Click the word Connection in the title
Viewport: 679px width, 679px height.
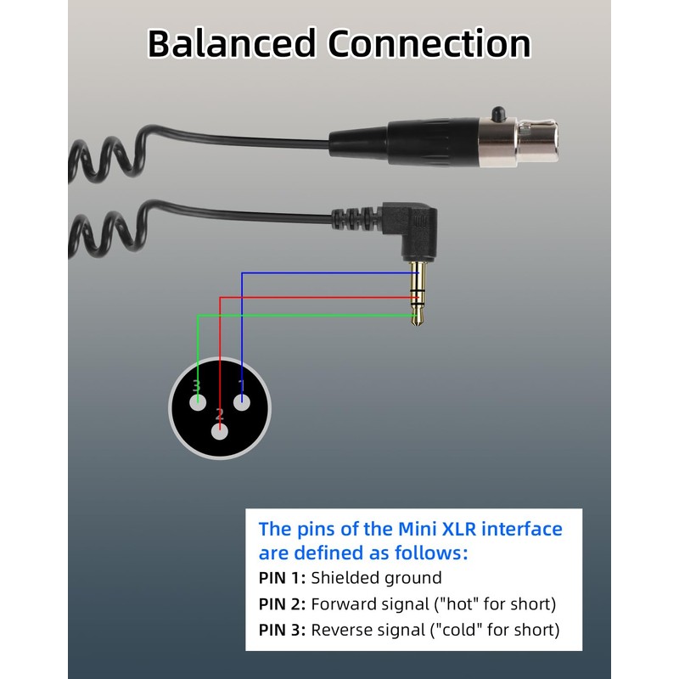429,43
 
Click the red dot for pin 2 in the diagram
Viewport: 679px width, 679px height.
220,431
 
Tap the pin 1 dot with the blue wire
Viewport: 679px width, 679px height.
242,403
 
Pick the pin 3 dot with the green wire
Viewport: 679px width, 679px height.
198,403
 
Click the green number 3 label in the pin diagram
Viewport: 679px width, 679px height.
196,386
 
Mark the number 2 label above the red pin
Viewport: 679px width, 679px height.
219,415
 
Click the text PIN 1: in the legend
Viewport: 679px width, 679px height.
282,578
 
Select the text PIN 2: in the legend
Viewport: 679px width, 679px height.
282,604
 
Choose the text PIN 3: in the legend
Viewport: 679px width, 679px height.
282,630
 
